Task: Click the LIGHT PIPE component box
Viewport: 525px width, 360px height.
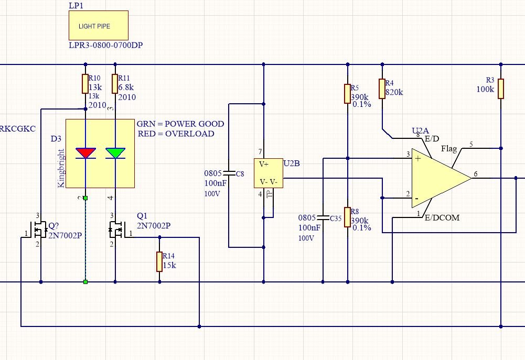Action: [98, 26]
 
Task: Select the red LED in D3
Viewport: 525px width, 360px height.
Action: [85, 152]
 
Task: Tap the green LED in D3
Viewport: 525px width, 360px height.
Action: [115, 152]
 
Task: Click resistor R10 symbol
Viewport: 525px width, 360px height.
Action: [85, 83]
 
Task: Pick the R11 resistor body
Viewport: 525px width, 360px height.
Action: [115, 83]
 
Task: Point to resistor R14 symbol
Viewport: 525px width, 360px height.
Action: [159, 261]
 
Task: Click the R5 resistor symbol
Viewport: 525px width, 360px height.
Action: [347, 93]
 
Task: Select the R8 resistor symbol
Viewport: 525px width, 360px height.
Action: [347, 217]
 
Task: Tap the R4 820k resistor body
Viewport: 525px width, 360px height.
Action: [382, 89]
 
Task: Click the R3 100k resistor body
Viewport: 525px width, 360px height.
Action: [501, 89]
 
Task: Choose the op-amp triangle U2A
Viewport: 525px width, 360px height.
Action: [438, 178]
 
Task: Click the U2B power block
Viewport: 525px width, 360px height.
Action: [268, 173]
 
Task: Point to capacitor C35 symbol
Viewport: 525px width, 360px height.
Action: [324, 216]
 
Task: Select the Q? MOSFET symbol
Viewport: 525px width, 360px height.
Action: [38, 230]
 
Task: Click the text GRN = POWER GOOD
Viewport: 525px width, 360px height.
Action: [180, 124]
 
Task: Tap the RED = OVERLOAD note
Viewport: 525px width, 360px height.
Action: [176, 134]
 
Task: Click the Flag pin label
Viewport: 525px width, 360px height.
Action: [449, 149]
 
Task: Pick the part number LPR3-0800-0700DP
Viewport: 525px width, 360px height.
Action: [106, 46]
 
